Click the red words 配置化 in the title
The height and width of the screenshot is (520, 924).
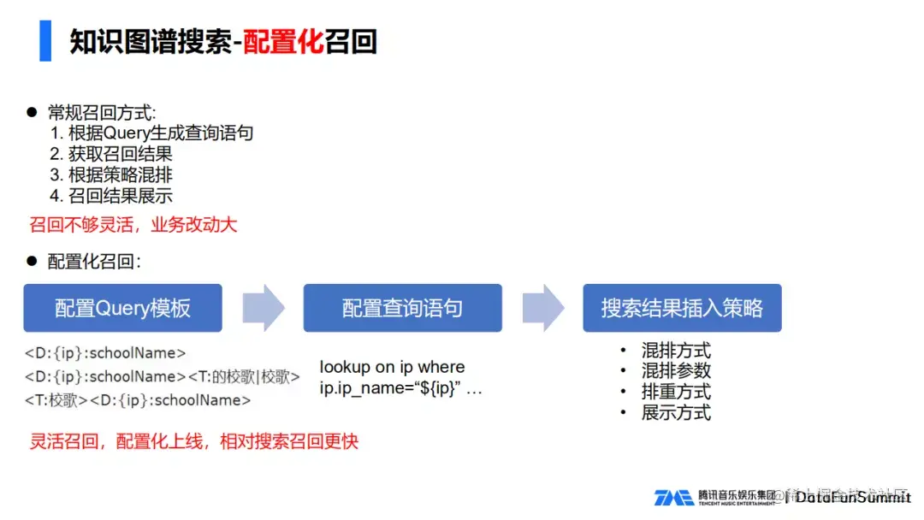click(x=283, y=41)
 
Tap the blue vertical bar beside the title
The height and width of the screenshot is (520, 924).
click(x=45, y=40)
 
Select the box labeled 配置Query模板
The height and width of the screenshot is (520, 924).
click(x=122, y=308)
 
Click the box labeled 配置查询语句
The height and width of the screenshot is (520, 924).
click(x=402, y=308)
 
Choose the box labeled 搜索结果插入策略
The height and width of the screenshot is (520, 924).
click(x=682, y=308)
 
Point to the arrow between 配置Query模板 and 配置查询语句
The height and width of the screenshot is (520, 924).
click(x=263, y=308)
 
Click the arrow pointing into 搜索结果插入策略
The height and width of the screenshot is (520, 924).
click(x=542, y=308)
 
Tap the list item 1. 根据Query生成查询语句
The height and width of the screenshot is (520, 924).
click(x=151, y=133)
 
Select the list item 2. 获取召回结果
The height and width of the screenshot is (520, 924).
click(x=111, y=154)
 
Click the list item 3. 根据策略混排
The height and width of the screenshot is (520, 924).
click(x=111, y=175)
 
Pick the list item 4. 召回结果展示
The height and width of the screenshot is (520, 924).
click(x=111, y=196)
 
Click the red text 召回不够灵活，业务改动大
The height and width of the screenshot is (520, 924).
click(x=133, y=226)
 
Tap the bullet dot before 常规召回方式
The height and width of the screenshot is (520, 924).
click(x=33, y=112)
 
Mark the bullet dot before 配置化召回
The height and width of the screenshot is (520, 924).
click(x=33, y=260)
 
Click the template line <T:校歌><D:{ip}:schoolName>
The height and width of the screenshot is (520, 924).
click(x=138, y=400)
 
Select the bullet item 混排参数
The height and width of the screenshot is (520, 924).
click(x=676, y=371)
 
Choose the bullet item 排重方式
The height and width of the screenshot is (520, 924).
click(x=676, y=392)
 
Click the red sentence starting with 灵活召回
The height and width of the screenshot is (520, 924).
click(x=193, y=442)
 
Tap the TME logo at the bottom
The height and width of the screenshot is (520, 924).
click(x=673, y=498)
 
